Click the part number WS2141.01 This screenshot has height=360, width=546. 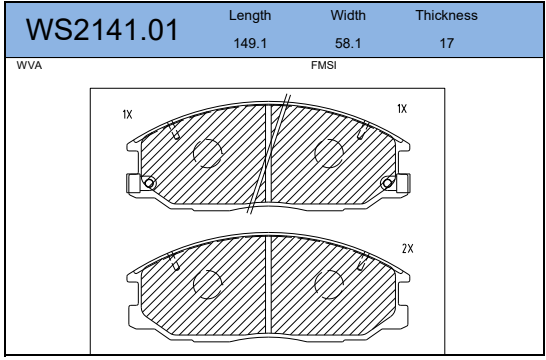click(x=102, y=30)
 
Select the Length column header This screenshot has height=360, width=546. click(x=250, y=16)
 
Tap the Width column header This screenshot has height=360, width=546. click(x=348, y=15)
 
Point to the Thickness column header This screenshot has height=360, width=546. click(x=446, y=15)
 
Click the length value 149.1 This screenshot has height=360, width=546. click(x=250, y=44)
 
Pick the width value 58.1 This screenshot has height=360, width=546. click(x=348, y=44)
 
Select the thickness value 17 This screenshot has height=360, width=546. click(x=446, y=44)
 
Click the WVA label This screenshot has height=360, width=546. click(x=29, y=65)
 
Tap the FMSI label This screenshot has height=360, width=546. click(x=324, y=65)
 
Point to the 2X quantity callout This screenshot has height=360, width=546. click(x=407, y=249)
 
